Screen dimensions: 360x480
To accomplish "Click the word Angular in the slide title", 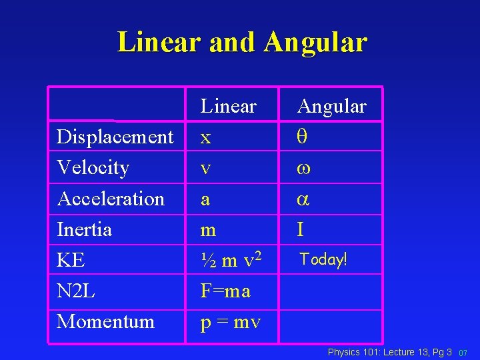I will [x=315, y=42].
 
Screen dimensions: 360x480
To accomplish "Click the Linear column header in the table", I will [x=229, y=106].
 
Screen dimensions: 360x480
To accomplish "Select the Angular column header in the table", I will [x=331, y=106].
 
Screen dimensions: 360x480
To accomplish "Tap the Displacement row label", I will [x=115, y=137].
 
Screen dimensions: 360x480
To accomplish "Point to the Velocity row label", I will [x=93, y=167].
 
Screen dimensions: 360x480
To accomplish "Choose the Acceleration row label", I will [x=111, y=199].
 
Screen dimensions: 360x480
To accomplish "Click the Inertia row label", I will [x=84, y=229].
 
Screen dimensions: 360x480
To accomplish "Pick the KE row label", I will [x=71, y=260].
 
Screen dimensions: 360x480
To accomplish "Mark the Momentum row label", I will [x=105, y=321].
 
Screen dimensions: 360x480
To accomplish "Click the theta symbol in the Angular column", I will [x=301, y=137].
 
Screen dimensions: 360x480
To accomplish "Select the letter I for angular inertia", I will [x=301, y=229].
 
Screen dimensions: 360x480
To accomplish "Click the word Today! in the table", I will [x=323, y=259].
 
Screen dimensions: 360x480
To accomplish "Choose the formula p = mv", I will [x=231, y=322].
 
